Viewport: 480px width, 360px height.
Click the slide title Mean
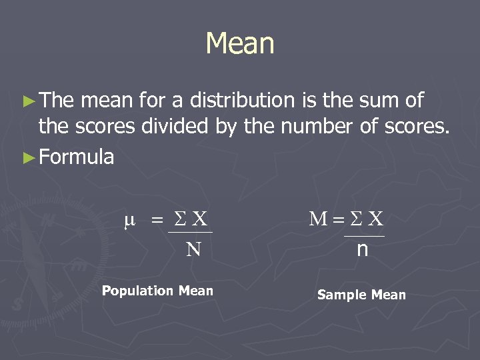pyautogui.click(x=240, y=44)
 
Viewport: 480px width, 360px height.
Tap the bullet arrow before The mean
pyautogui.click(x=27, y=101)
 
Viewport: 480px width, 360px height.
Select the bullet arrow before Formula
pyautogui.click(x=27, y=158)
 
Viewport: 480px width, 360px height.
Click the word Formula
pyautogui.click(x=77, y=158)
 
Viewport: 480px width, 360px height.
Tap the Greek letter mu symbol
pyautogui.click(x=129, y=219)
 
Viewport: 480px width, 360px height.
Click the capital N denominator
pyautogui.click(x=193, y=249)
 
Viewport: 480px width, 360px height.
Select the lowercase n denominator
pyautogui.click(x=363, y=249)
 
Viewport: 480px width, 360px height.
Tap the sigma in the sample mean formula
pyautogui.click(x=356, y=219)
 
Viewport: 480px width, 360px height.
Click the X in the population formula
pyautogui.click(x=199, y=219)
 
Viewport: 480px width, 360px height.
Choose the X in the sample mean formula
pyautogui.click(x=376, y=219)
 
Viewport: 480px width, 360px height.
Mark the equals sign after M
pyautogui.click(x=337, y=219)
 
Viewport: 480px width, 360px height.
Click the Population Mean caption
pyautogui.click(x=157, y=291)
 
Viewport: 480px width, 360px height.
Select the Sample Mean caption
pyautogui.click(x=361, y=295)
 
